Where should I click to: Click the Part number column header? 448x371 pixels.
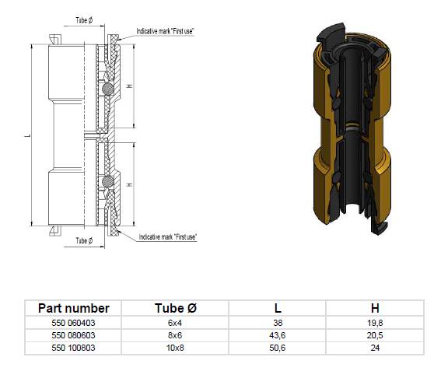(x=73, y=308)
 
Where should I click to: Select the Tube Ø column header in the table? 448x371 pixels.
(x=176, y=308)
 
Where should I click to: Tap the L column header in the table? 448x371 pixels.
(x=278, y=308)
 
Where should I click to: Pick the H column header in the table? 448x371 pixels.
(x=375, y=308)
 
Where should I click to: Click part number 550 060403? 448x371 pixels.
(x=73, y=323)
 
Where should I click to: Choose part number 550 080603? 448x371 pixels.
(x=73, y=335)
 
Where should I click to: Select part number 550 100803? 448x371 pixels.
(x=73, y=348)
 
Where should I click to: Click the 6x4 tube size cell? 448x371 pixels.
(x=175, y=323)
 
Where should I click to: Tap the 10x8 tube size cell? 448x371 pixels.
(x=175, y=348)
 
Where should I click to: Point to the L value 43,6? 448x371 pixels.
(x=277, y=335)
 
